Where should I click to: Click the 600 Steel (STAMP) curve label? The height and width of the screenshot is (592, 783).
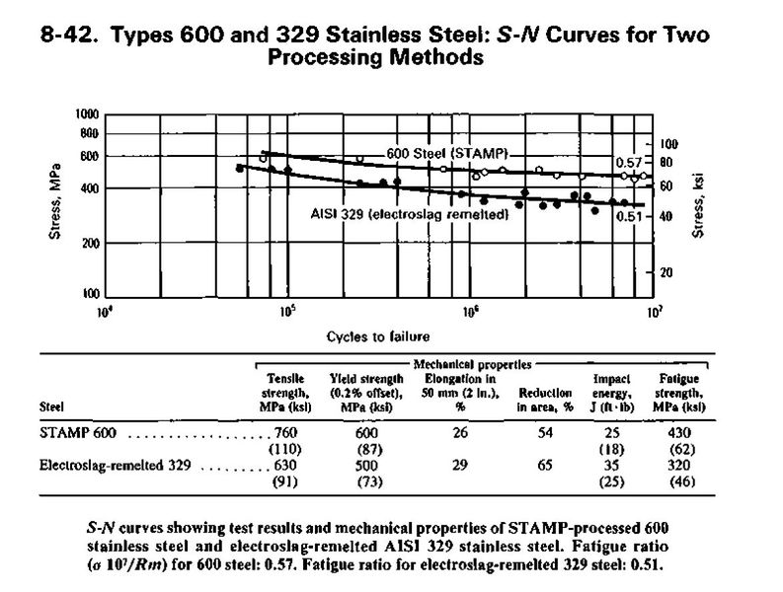coord(450,156)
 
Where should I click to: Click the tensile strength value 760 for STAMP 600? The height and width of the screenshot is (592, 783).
coord(283,433)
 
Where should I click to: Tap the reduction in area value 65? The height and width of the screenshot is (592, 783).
coord(537,466)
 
